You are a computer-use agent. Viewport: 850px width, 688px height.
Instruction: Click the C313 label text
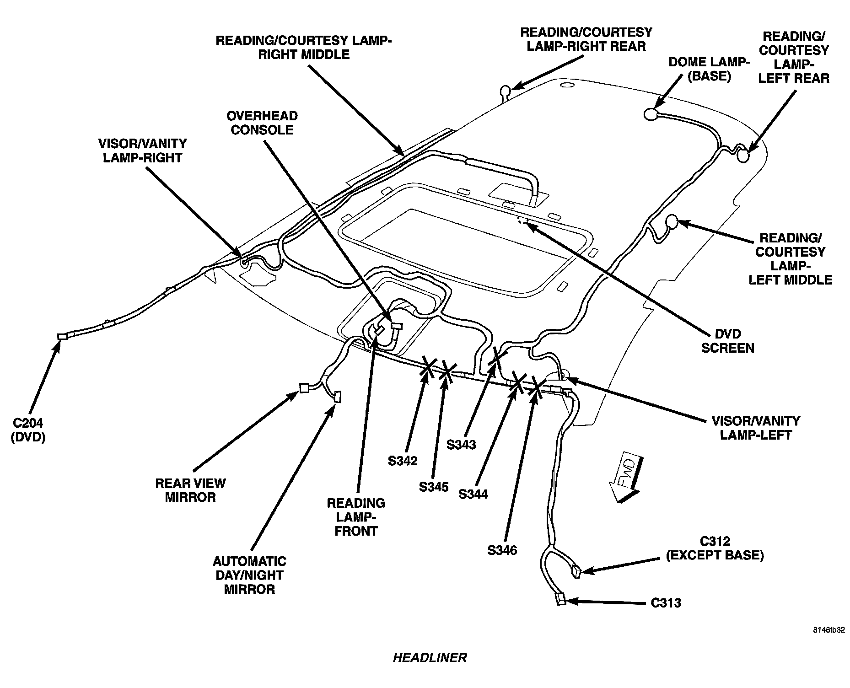(x=665, y=603)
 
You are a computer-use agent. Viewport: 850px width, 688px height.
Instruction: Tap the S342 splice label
(x=403, y=460)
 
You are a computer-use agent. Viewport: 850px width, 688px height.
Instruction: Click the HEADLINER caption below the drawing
(x=430, y=658)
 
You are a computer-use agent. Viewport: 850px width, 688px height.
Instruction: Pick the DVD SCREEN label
(x=727, y=341)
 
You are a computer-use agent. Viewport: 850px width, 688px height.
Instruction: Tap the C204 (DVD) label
(x=28, y=430)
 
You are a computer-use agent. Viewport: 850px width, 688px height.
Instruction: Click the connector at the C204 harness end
(x=62, y=336)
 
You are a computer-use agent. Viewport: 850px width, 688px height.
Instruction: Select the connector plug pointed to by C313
(x=561, y=599)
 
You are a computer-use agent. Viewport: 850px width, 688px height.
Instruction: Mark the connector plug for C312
(x=576, y=572)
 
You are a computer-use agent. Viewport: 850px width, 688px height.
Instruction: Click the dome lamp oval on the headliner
(x=651, y=114)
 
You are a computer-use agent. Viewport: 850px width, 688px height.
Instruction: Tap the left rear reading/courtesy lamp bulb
(x=743, y=156)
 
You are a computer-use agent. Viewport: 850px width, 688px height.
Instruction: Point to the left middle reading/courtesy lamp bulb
(x=672, y=221)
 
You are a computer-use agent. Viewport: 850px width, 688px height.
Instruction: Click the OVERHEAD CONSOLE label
(x=262, y=123)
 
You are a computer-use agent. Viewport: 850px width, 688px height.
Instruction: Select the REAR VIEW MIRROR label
(x=190, y=490)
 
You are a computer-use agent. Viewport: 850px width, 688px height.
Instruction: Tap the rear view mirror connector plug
(x=304, y=388)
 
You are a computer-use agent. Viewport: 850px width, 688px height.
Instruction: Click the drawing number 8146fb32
(x=828, y=630)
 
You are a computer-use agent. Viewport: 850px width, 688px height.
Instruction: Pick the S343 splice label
(x=461, y=444)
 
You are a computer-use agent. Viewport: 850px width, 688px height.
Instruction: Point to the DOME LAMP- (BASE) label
(x=709, y=69)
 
